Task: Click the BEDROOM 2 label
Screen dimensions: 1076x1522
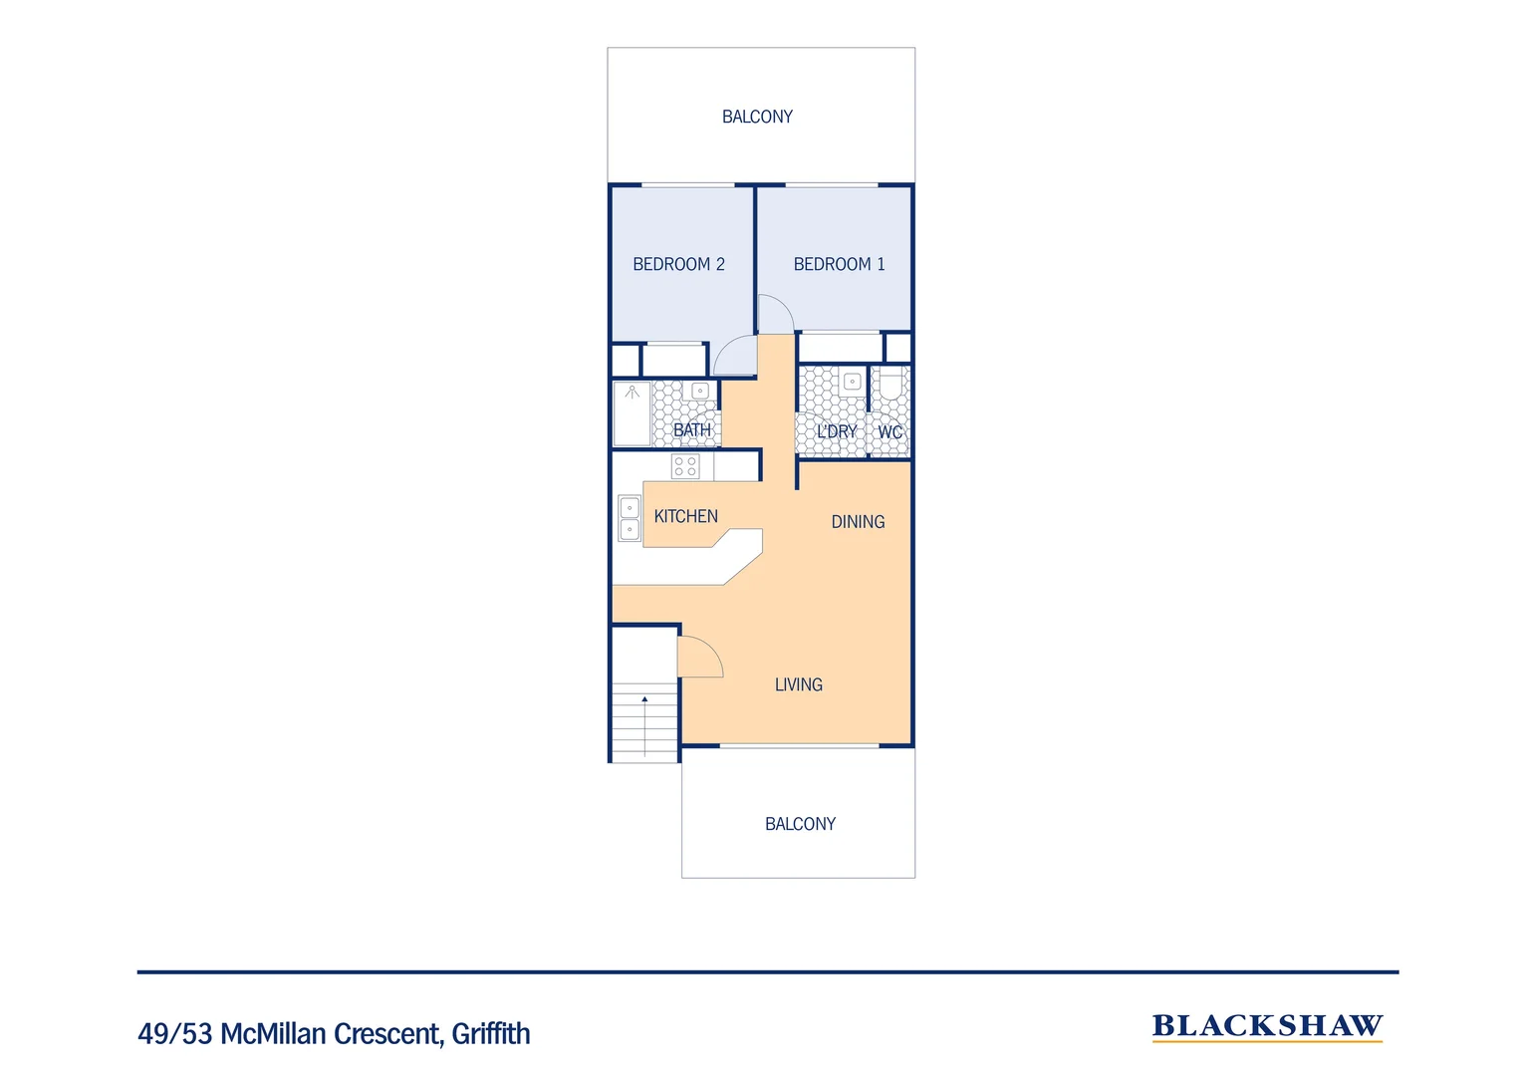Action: [678, 264]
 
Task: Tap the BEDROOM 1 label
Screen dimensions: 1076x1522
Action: [839, 264]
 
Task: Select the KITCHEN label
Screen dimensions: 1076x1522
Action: [685, 516]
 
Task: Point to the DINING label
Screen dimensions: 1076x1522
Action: [858, 522]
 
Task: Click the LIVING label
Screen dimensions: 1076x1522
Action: [798, 684]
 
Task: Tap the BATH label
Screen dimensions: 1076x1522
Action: [692, 430]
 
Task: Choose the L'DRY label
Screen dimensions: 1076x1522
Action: [836, 431]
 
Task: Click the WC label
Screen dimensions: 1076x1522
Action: [889, 431]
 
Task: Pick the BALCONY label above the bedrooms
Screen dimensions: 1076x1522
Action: [757, 117]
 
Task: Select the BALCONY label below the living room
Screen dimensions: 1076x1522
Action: [800, 824]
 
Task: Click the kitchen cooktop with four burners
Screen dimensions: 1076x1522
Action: [685, 465]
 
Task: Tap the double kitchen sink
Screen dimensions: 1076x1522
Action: [630, 518]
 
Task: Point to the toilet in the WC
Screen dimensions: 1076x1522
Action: [890, 385]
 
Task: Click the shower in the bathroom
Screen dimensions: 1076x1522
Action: [632, 412]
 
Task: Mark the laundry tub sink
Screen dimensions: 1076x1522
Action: [852, 382]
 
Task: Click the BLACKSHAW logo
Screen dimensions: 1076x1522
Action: [1267, 1026]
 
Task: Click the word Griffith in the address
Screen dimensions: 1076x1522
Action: [491, 1034]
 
